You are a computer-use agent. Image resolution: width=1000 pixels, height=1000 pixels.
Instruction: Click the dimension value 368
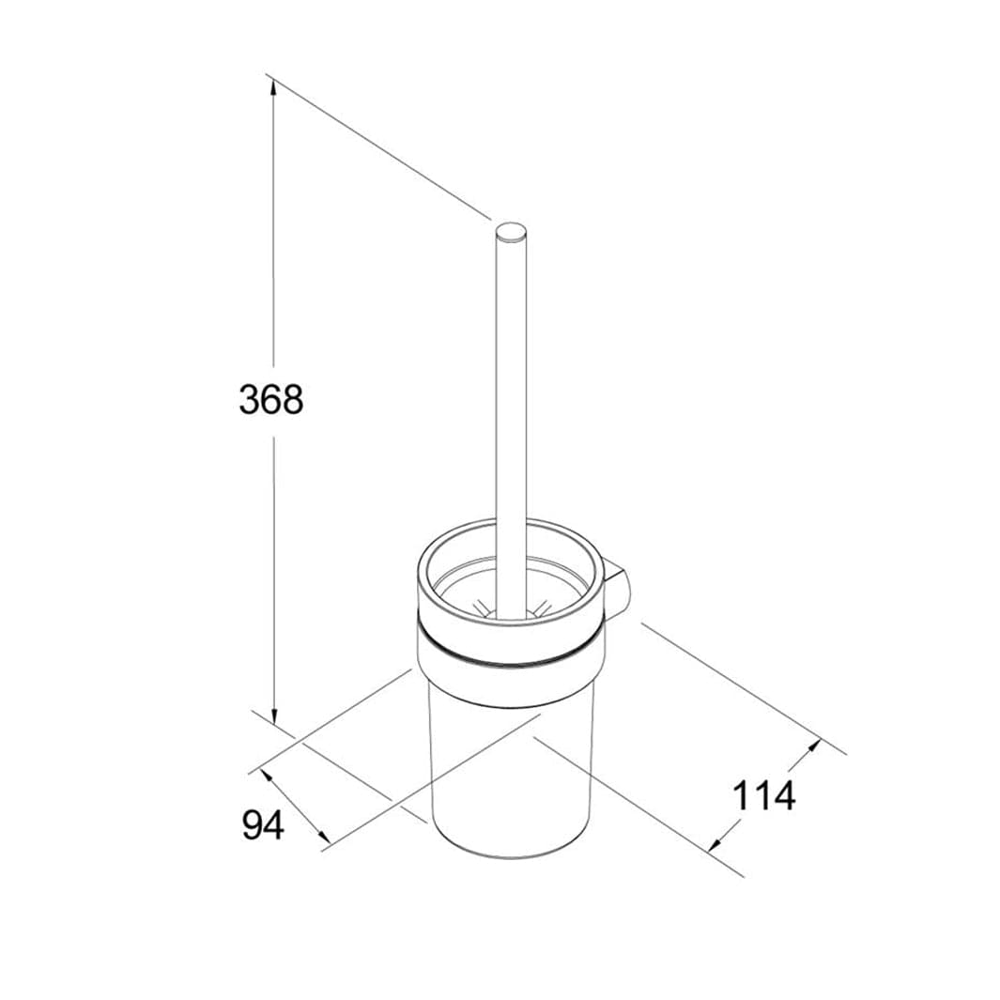point(271,400)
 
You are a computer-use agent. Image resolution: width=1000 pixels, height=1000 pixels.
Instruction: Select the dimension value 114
point(764,796)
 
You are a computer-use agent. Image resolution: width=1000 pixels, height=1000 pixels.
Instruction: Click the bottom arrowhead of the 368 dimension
point(273,715)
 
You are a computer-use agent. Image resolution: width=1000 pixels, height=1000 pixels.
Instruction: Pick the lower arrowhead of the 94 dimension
point(323,837)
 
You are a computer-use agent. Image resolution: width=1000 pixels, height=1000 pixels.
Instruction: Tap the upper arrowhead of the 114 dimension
point(812,746)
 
